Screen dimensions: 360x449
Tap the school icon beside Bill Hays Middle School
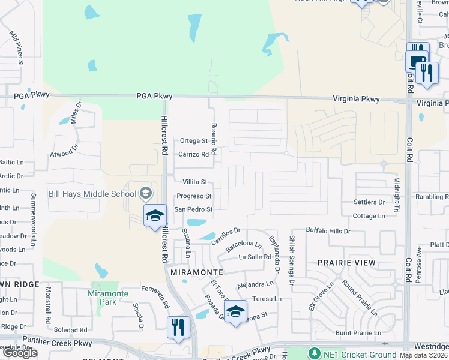pyautogui.click(x=145, y=193)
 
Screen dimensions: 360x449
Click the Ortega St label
pyautogui.click(x=194, y=141)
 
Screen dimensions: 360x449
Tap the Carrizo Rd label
pyautogui.click(x=193, y=154)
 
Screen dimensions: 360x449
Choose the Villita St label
pyautogui.click(x=194, y=182)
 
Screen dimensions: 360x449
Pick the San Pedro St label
pyautogui.click(x=193, y=209)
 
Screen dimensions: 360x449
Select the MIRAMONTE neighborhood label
pyautogui.click(x=197, y=272)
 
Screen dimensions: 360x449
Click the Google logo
pyautogui.click(x=19, y=353)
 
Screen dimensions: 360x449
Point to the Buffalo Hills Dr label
pyautogui.click(x=328, y=230)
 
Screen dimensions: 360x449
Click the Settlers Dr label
pyautogui.click(x=369, y=202)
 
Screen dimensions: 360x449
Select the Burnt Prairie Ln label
pyautogui.click(x=358, y=332)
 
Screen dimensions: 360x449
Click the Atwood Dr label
pyautogui.click(x=64, y=153)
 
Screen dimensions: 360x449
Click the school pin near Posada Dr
pyautogui.click(x=236, y=311)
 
